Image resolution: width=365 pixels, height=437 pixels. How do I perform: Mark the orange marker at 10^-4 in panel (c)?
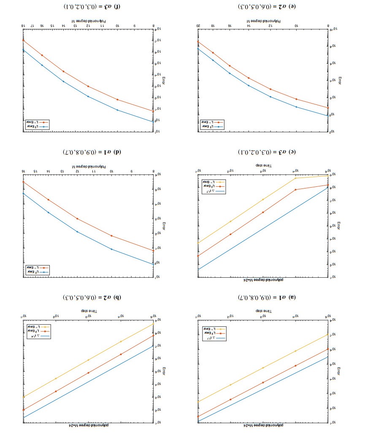295,190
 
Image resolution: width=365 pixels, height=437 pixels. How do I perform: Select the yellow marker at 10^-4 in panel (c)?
295,178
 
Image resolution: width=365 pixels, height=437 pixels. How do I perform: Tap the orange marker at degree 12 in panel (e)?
270,89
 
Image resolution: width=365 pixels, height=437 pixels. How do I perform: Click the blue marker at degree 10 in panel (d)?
111,249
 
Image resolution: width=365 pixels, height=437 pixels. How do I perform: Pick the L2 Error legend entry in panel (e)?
212,126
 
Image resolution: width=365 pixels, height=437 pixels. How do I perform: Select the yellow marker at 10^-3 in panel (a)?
263,368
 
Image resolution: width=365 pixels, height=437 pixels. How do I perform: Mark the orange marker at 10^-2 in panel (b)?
56,391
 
